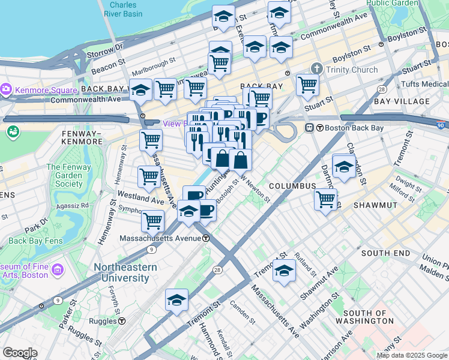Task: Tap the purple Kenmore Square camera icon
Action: (7, 89)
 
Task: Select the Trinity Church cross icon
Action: (317, 69)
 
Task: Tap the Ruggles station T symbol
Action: (122, 321)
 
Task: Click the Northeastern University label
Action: (125, 272)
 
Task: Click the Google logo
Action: (19, 353)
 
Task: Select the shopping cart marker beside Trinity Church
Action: (307, 85)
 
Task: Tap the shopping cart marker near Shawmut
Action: (325, 199)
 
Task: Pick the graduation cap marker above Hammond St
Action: (176, 301)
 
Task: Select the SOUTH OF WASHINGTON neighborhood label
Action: (369, 317)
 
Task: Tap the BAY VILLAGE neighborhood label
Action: (402, 101)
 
